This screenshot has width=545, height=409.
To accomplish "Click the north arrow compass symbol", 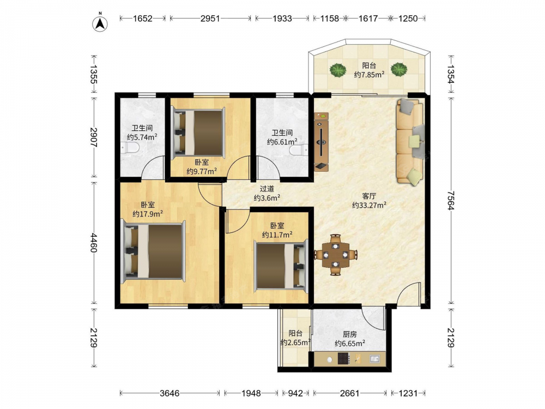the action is (x=100, y=23).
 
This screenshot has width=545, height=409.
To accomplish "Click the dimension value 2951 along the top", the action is (x=210, y=19).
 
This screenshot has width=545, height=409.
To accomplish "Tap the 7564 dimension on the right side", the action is (x=451, y=200).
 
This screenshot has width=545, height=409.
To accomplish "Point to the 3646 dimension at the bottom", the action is (x=169, y=393).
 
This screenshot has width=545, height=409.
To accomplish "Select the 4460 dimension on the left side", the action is (x=94, y=243).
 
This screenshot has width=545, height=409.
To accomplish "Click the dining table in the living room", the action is (x=335, y=255).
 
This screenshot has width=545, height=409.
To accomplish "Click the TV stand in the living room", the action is (x=321, y=142).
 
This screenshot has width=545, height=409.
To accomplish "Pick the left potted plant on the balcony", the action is (x=338, y=70).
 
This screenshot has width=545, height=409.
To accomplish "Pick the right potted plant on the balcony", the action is (x=399, y=70).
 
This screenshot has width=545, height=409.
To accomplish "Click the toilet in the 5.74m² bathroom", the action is (x=130, y=148).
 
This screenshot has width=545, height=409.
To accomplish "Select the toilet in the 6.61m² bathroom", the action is (x=299, y=151).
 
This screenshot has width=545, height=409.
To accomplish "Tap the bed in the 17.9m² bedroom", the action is (x=153, y=250).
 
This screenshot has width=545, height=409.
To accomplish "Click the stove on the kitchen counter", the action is (x=344, y=359).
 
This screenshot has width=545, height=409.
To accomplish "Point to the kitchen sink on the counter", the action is (x=375, y=359).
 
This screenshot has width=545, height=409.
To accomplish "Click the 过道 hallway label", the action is (x=267, y=189).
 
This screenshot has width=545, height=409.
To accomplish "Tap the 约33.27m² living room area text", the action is (x=369, y=205).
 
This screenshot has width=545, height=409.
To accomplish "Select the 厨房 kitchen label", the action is (x=350, y=334).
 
